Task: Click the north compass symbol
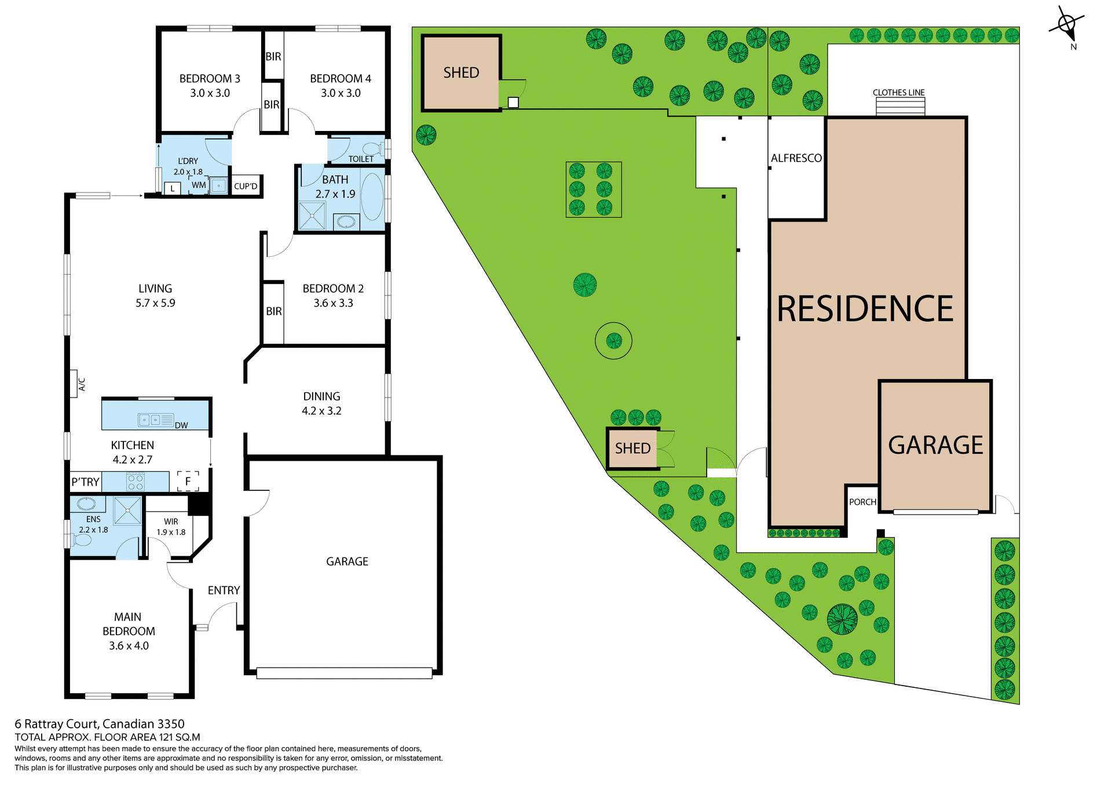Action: click(1066, 25)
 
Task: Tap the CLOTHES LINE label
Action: click(898, 93)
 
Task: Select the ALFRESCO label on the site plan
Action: click(796, 158)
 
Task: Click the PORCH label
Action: click(862, 502)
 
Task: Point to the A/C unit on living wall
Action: click(74, 384)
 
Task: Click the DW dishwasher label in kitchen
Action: click(181, 425)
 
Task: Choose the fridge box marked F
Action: click(188, 481)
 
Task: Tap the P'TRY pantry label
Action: click(85, 482)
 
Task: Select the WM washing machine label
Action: click(199, 185)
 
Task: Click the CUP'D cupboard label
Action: click(246, 187)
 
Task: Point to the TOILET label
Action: click(361, 159)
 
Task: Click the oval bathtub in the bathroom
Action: click(372, 196)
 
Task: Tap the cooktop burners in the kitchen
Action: click(135, 482)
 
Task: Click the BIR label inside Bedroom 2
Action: click(274, 312)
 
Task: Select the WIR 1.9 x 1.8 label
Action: click(171, 527)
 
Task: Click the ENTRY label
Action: click(224, 591)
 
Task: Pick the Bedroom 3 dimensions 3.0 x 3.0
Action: click(210, 93)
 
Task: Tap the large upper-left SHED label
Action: click(461, 73)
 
